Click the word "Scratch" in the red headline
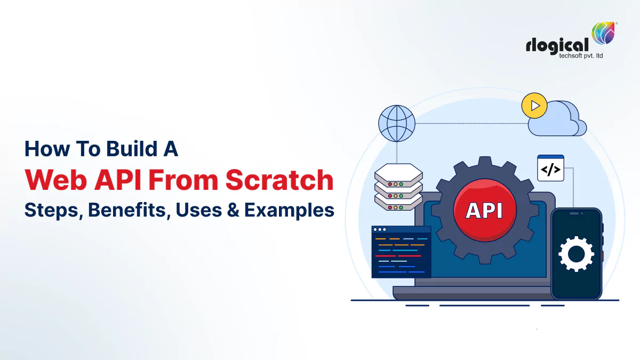(x=279, y=180)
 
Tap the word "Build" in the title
(x=121, y=149)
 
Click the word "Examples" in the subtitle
(x=289, y=210)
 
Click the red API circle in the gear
(x=484, y=210)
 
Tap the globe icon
(x=396, y=122)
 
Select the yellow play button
(x=534, y=106)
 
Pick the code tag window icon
(x=550, y=169)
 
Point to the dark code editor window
(x=401, y=252)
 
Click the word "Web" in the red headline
(x=50, y=180)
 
